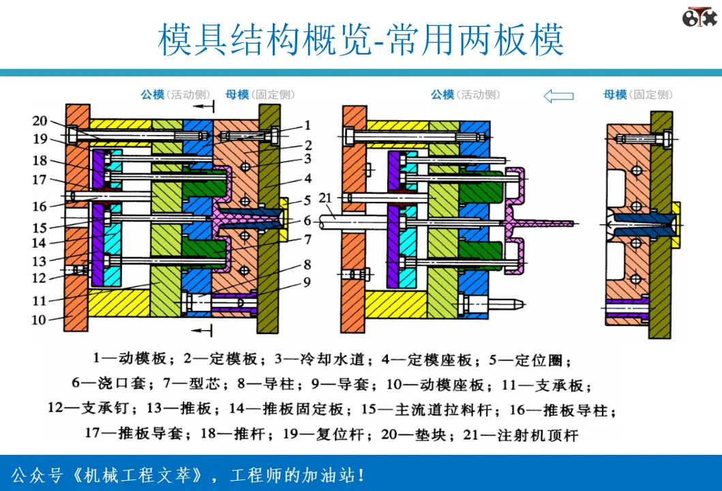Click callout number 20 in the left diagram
point(40,121)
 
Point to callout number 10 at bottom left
point(39,320)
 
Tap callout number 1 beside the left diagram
point(307,125)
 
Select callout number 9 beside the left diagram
point(307,282)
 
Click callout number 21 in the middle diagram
point(325,198)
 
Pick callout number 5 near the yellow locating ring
point(307,200)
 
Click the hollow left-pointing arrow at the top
point(558,95)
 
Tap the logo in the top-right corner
point(700,17)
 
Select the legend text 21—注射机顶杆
point(521,435)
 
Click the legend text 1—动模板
point(130,359)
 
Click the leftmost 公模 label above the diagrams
point(153,95)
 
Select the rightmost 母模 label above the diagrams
point(615,95)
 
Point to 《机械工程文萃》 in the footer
point(137,475)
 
